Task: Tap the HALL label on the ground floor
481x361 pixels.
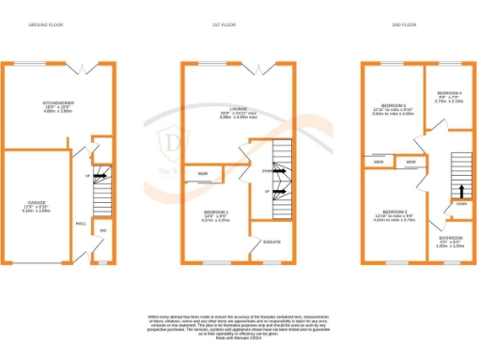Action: point(81,224)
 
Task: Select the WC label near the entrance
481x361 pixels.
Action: point(103,230)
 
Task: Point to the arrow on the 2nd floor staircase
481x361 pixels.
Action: point(460,191)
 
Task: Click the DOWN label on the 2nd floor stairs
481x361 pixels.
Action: point(460,204)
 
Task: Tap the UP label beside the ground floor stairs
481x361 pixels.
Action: point(88,175)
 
